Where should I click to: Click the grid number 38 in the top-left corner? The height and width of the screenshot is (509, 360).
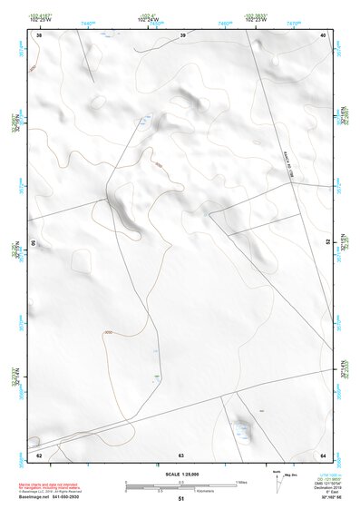(x=39, y=34)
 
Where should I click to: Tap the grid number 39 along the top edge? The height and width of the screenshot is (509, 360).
(x=183, y=34)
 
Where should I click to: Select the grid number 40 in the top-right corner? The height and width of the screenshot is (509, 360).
(x=324, y=34)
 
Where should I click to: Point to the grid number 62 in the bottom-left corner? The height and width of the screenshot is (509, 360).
(x=39, y=454)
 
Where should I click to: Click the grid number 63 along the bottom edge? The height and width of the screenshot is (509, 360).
(x=181, y=454)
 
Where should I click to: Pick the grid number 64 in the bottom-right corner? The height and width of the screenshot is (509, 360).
(x=323, y=454)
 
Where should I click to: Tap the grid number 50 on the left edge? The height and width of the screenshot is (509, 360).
(x=34, y=243)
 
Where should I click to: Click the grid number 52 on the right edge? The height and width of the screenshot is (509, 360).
(x=327, y=243)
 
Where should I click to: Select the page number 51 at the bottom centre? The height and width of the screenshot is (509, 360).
(x=181, y=499)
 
